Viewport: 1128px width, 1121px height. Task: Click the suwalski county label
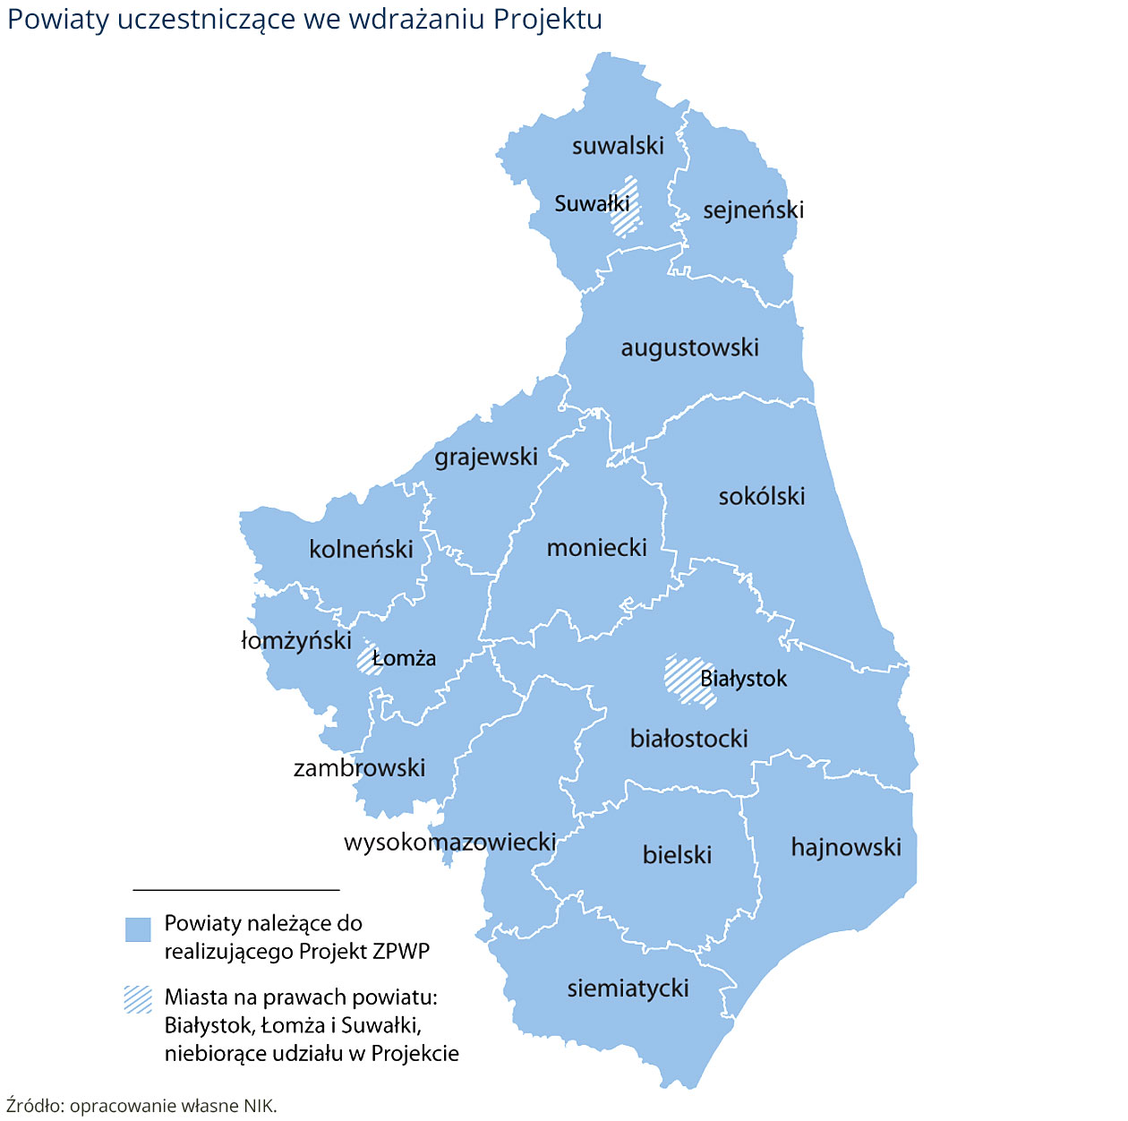click(x=618, y=146)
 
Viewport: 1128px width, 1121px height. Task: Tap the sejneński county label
click(x=753, y=210)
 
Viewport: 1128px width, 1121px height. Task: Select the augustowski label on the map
click(x=689, y=347)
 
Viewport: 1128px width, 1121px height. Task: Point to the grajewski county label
click(x=486, y=457)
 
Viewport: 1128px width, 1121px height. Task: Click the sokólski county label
click(x=762, y=496)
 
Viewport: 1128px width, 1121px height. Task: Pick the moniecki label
click(x=596, y=547)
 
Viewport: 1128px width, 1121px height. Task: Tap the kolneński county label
click(x=361, y=549)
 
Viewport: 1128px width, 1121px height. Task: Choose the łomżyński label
click(x=296, y=640)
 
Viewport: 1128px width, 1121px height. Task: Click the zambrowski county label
click(x=359, y=767)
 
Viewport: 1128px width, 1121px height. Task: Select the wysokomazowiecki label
click(x=450, y=842)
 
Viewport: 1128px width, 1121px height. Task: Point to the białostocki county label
click(x=688, y=739)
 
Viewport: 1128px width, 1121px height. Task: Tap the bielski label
click(x=677, y=855)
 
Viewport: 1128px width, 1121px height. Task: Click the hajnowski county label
click(x=846, y=847)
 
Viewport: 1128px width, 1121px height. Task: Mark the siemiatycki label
click(x=628, y=988)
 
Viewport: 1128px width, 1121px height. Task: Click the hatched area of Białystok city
click(x=684, y=678)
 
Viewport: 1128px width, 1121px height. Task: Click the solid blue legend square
click(x=138, y=928)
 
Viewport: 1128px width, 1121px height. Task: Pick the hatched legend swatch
click(x=138, y=999)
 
